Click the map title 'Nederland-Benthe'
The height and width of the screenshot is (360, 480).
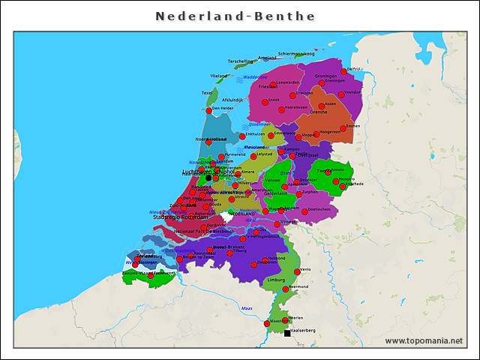235,16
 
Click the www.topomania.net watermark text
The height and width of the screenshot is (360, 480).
424,340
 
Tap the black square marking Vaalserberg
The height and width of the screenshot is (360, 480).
287,333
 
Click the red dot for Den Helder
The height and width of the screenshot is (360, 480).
208,109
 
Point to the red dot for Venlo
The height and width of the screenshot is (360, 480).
297,271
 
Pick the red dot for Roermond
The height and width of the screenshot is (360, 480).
285,289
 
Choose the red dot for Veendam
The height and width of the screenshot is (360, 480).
341,94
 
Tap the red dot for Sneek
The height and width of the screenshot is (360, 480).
263,100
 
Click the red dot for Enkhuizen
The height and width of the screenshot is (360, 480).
242,136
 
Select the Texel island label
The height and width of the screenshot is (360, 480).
207,93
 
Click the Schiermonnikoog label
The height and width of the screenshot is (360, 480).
295,54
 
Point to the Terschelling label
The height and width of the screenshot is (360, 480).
241,61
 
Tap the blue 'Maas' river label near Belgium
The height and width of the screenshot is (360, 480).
245,308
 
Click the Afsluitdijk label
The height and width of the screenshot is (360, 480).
232,99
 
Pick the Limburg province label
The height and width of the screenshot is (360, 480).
277,279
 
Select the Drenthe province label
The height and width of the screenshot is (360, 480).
318,112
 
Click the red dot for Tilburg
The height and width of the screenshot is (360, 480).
230,253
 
